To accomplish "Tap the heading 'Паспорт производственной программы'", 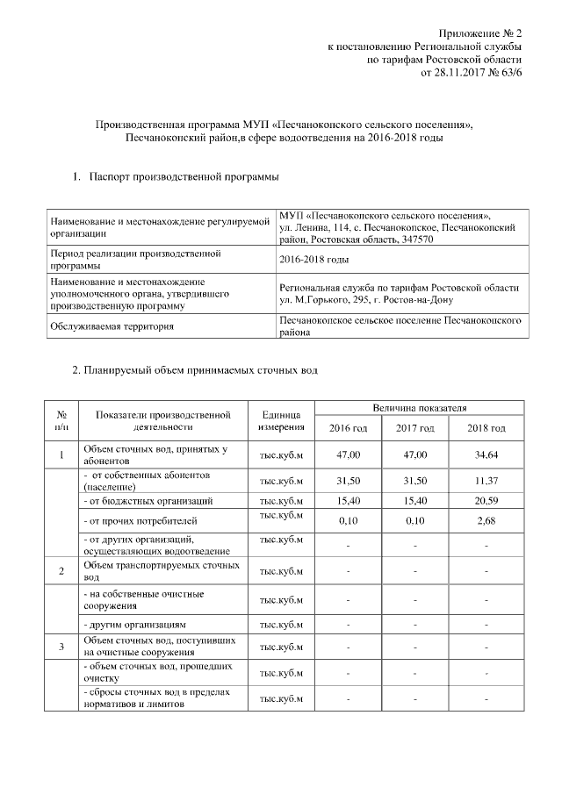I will [184, 178].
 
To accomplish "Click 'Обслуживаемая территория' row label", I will [124, 326].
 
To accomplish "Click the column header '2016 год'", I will [349, 428].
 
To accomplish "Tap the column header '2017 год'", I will [415, 428].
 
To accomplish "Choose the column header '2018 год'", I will [486, 428].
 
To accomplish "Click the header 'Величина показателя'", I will [419, 408].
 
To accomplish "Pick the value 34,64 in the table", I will [486, 455].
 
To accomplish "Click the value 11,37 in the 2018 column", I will [486, 481].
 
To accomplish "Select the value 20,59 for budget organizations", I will [486, 501].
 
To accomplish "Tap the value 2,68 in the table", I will [486, 521].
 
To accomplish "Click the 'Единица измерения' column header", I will [281, 420].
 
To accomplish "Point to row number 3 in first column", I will [61, 647].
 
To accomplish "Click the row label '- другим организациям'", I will [133, 625].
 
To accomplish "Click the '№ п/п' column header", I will [61, 420].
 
